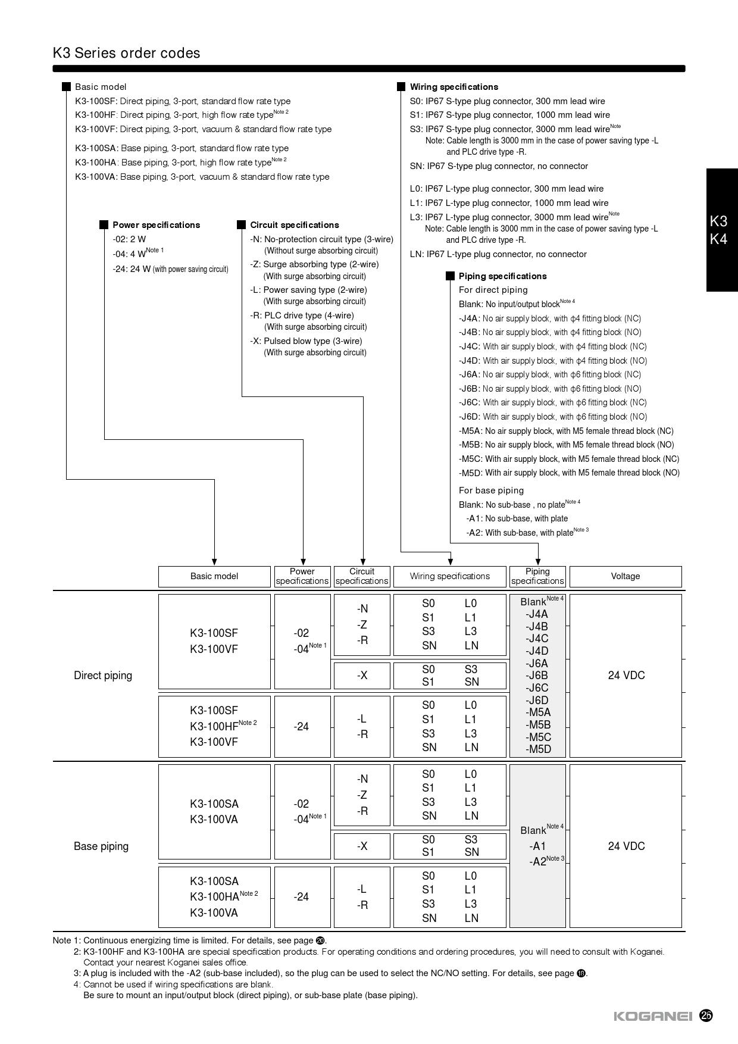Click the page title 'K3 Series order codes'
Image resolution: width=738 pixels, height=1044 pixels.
point(126,53)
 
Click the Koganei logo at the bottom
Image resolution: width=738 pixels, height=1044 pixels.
point(653,1016)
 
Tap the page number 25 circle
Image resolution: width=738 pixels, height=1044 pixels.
point(706,1015)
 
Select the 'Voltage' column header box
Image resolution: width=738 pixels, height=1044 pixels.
point(625,576)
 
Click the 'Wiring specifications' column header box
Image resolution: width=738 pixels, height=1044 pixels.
point(449,576)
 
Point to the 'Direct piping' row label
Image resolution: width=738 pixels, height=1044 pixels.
point(103,676)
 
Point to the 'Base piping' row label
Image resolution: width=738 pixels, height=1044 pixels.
point(101,846)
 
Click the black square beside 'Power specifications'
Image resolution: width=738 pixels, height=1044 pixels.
point(104,225)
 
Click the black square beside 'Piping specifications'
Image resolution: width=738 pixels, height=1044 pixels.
point(451,276)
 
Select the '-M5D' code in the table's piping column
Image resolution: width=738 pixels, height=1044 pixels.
point(538,749)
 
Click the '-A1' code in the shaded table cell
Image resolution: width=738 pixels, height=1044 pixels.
point(537,846)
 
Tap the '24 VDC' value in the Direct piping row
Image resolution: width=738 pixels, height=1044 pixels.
point(626,676)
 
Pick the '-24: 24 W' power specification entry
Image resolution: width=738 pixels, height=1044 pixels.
point(170,269)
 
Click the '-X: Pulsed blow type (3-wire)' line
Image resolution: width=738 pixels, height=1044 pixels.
point(306,341)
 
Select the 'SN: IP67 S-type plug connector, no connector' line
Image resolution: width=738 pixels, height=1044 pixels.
point(499,166)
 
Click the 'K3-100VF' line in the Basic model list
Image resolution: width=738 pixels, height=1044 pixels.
point(203,129)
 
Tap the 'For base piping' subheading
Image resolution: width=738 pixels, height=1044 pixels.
point(491,490)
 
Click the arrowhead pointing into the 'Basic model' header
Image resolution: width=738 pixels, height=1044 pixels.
point(214,562)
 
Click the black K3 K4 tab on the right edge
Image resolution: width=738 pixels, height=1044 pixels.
point(721,230)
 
